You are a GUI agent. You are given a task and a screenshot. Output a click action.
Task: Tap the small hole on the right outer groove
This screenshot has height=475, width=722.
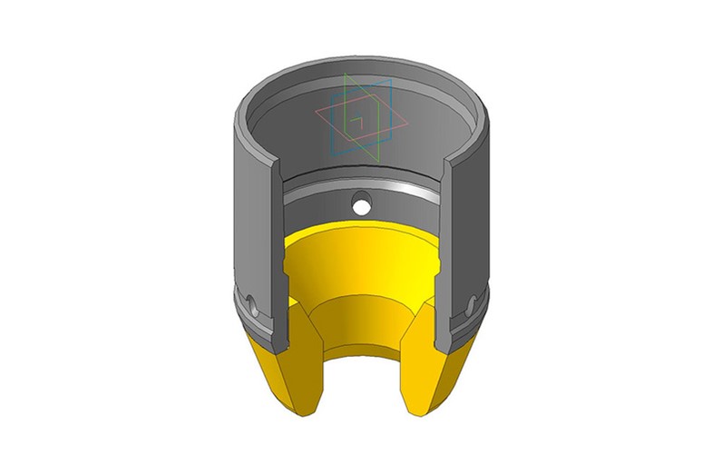click(x=470, y=303)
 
